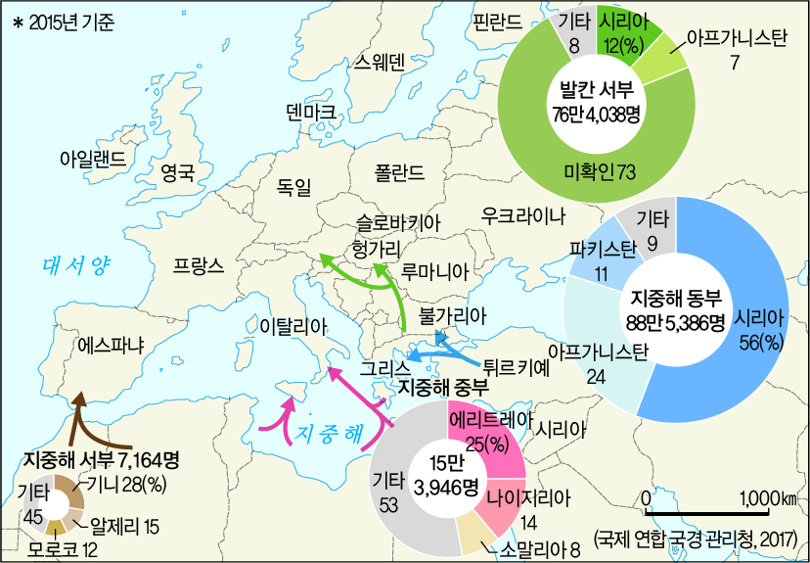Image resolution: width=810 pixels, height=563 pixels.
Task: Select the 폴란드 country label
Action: point(399,173)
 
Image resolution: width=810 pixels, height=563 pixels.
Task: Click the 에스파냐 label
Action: point(110,346)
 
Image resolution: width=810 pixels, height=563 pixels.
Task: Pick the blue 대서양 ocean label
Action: point(78,263)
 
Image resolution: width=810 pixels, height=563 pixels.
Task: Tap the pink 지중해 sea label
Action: point(328,431)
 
